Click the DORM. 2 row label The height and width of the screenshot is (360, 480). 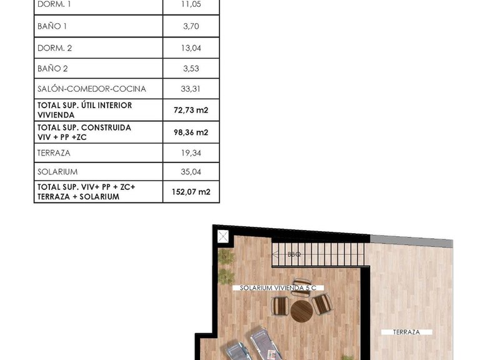click(x=54, y=47)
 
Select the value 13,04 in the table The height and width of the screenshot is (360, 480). click(x=191, y=47)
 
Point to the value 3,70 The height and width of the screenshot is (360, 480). click(x=191, y=26)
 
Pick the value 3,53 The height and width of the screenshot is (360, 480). click(x=191, y=68)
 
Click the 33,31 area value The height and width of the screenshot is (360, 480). click(x=191, y=89)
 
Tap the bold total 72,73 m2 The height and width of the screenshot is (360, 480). click(x=191, y=111)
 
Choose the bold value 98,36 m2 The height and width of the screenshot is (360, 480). click(x=191, y=132)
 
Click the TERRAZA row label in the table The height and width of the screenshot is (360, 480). click(x=54, y=152)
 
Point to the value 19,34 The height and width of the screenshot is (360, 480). click(x=191, y=152)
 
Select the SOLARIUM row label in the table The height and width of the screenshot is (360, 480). click(x=57, y=172)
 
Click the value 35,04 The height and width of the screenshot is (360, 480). click(x=191, y=172)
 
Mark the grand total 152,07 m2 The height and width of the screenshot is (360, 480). click(x=191, y=192)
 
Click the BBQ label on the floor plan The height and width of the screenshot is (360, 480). click(x=294, y=254)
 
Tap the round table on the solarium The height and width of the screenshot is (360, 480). click(x=301, y=309)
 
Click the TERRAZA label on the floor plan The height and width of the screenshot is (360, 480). click(x=406, y=332)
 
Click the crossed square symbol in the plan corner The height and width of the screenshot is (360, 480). click(x=223, y=236)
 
